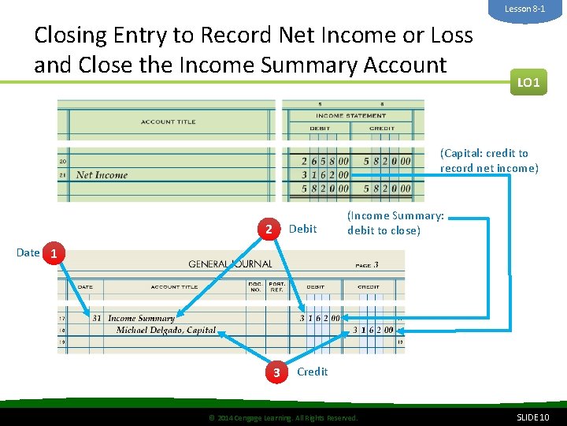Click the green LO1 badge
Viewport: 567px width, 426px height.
pos(528,81)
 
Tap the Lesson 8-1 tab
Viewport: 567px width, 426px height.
pos(525,9)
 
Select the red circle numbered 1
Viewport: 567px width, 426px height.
pos(53,254)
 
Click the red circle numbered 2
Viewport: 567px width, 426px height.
pos(269,230)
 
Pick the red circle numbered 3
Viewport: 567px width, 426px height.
pos(276,372)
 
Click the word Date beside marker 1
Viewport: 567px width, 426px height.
pos(28,252)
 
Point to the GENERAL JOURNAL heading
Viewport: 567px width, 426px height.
pos(230,264)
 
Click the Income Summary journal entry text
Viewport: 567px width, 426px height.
pos(142,319)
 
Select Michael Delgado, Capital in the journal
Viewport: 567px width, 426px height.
pos(166,330)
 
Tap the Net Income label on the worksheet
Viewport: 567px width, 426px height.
pos(102,175)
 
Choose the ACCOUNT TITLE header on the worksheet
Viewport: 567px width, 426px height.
pos(169,121)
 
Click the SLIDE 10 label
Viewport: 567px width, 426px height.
pos(533,417)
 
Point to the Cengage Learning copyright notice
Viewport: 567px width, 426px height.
pos(282,417)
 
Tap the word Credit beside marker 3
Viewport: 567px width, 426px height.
pos(313,372)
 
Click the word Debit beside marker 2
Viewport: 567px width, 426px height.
pos(303,230)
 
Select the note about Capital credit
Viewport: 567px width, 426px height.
pos(489,160)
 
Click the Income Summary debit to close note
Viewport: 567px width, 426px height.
pos(395,223)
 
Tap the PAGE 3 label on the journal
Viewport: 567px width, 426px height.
pos(367,265)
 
